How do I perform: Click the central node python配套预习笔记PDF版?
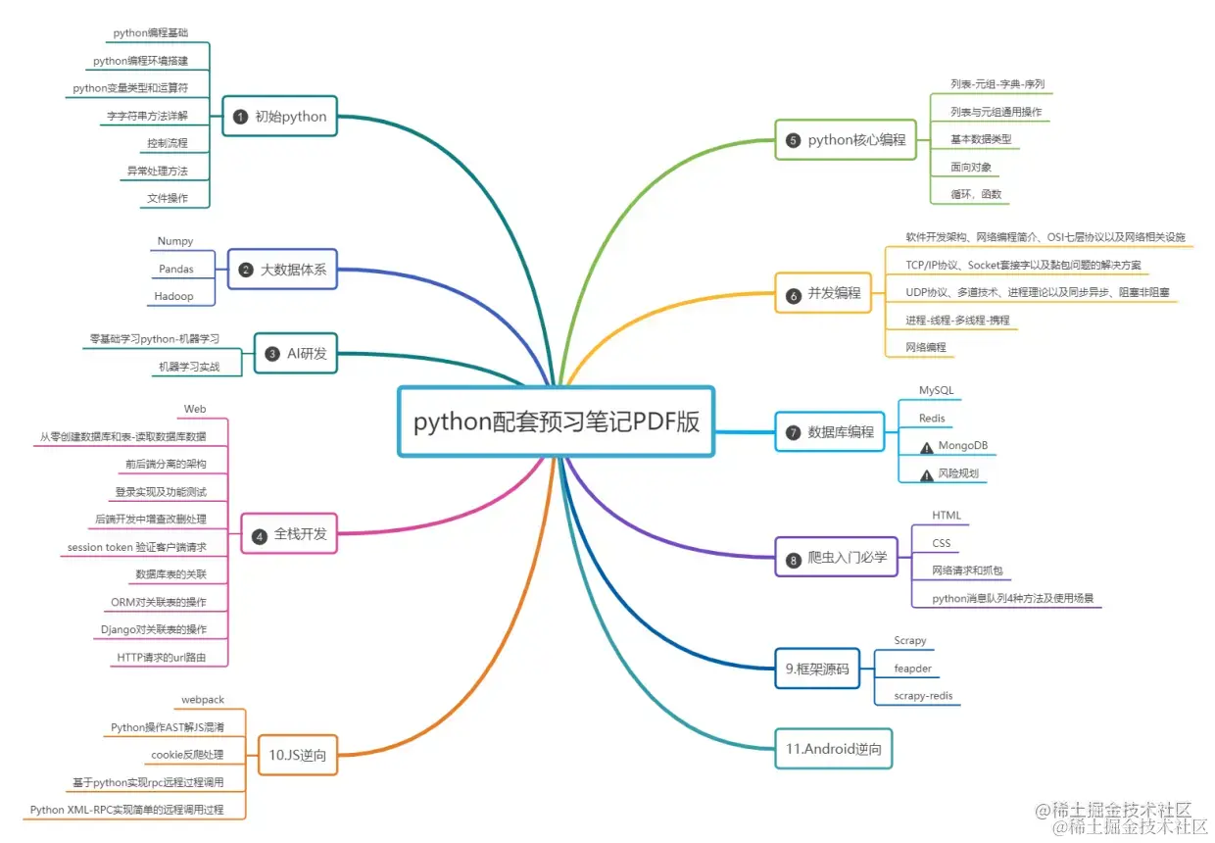(556, 421)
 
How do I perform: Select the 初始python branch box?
(279, 117)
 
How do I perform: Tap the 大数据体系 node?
(282, 269)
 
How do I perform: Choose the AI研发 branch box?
(296, 354)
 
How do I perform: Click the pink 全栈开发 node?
(289, 534)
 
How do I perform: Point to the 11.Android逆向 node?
(833, 749)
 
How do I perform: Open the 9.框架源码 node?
(816, 669)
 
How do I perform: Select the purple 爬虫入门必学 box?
(836, 559)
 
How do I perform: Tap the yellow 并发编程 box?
(823, 293)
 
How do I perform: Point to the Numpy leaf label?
(175, 241)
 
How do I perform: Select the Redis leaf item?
(932, 419)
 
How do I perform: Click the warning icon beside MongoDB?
(926, 447)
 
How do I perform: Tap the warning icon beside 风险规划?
(926, 474)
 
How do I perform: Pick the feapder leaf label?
(912, 669)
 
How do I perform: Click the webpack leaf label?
(203, 700)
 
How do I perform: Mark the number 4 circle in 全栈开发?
(260, 535)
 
